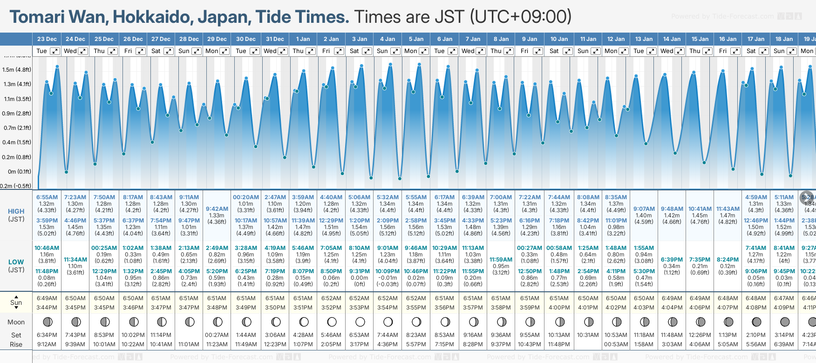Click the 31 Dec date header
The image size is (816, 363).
[x=275, y=39]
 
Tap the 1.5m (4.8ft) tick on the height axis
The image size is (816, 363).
[x=17, y=70]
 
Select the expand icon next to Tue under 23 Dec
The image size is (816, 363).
[x=55, y=51]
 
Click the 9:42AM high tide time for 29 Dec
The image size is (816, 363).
[x=217, y=209]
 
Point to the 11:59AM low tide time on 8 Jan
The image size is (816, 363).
[x=501, y=260]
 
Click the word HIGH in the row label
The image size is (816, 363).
[x=16, y=211]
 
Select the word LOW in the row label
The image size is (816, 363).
[x=16, y=262]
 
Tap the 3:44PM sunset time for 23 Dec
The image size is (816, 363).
[x=47, y=308]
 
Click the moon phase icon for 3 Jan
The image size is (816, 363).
[x=360, y=322]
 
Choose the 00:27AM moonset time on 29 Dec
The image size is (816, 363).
[x=217, y=335]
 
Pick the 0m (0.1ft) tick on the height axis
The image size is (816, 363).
[x=17, y=172]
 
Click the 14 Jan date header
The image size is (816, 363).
[x=672, y=39]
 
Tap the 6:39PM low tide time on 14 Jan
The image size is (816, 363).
[x=672, y=260]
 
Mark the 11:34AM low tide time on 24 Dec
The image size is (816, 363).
[x=75, y=260]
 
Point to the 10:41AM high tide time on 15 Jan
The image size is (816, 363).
[x=700, y=209]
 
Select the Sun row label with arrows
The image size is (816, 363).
[x=16, y=302]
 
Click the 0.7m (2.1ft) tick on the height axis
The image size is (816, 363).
[x=17, y=128]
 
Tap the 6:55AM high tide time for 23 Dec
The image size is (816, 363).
[x=47, y=197]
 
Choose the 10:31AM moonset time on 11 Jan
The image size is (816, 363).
[x=588, y=335]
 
